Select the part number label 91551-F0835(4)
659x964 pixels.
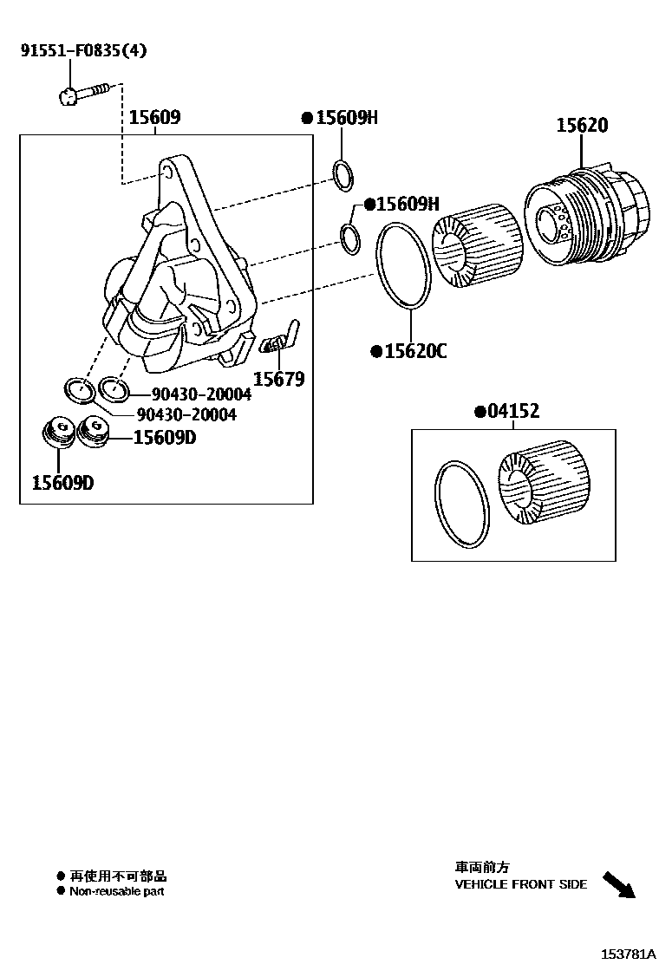(83, 50)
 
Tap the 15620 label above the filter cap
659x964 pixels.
(582, 126)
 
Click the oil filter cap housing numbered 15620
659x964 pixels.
(587, 216)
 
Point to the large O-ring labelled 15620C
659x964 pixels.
(403, 264)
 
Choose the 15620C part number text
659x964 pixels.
(414, 351)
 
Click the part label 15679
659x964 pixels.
(278, 379)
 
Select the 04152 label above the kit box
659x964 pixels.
(512, 411)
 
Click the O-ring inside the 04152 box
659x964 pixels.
(460, 505)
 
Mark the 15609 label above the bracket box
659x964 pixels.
(154, 118)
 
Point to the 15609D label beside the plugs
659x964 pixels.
(165, 438)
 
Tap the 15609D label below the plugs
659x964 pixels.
(62, 482)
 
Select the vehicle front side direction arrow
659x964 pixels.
(619, 885)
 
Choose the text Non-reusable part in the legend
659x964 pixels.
(116, 891)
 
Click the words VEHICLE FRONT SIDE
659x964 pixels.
(520, 884)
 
